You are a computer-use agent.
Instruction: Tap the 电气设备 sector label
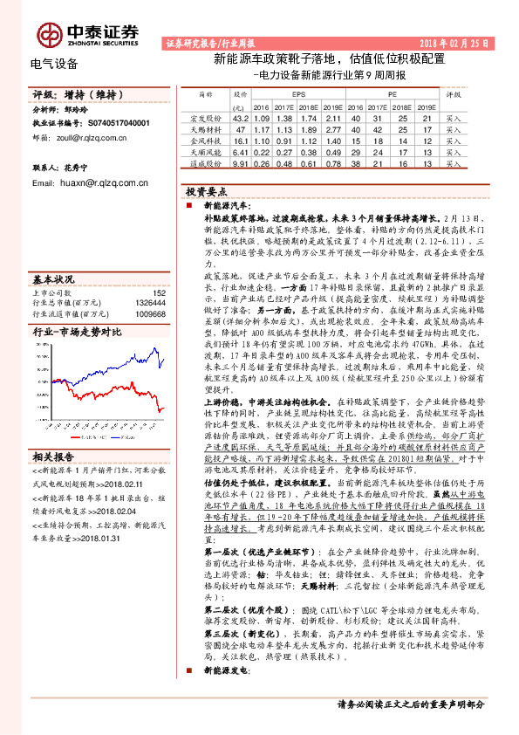click(x=54, y=64)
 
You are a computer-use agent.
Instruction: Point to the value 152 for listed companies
click(x=159, y=293)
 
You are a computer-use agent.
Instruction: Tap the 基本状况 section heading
click(x=54, y=279)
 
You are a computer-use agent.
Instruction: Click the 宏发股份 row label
click(x=207, y=116)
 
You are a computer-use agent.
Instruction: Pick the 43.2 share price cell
click(x=242, y=116)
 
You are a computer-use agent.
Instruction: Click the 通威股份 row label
click(x=207, y=161)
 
